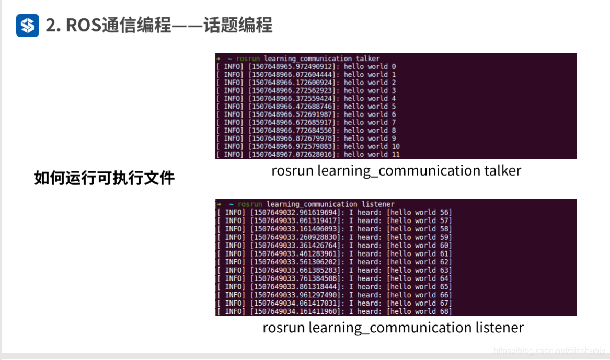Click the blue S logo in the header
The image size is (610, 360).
pos(28,25)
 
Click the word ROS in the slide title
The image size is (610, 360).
pos(80,25)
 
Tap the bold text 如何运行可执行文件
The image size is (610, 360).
pos(104,178)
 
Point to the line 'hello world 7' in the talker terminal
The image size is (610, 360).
pos(366,123)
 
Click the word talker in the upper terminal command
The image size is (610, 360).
pos(368,59)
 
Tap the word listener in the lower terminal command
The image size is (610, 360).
pos(377,204)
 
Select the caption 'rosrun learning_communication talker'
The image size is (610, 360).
pos(396,170)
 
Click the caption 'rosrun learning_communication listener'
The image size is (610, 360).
pos(393,328)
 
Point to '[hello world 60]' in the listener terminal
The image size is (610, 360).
pos(419,245)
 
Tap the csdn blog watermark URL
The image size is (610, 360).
pos(549,350)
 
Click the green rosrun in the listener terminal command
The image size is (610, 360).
pos(250,204)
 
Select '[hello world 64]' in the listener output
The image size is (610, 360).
pos(419,278)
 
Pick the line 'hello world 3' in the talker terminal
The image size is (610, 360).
pos(366,91)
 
